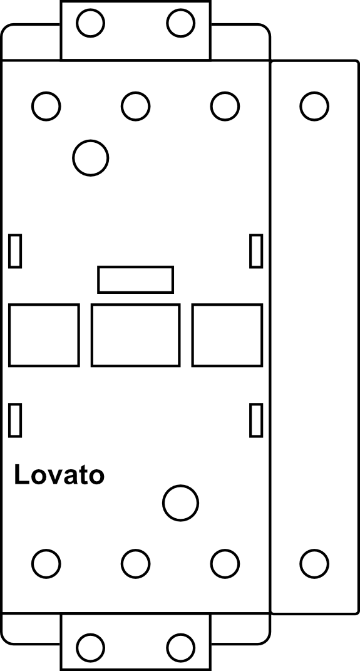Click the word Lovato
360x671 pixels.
(x=59, y=474)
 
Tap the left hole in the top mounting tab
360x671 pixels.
(x=91, y=23)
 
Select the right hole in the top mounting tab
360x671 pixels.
(x=181, y=23)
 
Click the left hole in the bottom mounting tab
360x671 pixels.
(x=91, y=647)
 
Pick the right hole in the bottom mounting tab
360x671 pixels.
(x=181, y=647)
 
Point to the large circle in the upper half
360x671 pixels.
(x=91, y=158)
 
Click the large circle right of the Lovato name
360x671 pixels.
(x=181, y=503)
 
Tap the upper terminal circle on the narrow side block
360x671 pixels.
(x=314, y=106)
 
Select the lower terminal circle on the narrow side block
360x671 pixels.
(x=314, y=564)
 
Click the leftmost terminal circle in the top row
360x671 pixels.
(x=46, y=106)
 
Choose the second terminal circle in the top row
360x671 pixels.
(x=135, y=106)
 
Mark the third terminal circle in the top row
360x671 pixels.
(x=225, y=106)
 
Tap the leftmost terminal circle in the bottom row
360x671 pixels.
(x=46, y=564)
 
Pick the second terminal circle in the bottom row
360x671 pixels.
(x=135, y=564)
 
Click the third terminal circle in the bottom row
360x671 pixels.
(x=225, y=564)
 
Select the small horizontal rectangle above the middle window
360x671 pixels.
(x=135, y=280)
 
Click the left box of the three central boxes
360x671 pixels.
(x=44, y=335)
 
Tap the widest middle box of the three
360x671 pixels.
(x=135, y=335)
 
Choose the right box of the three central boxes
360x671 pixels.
(x=227, y=335)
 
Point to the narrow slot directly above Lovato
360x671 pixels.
(x=15, y=420)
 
